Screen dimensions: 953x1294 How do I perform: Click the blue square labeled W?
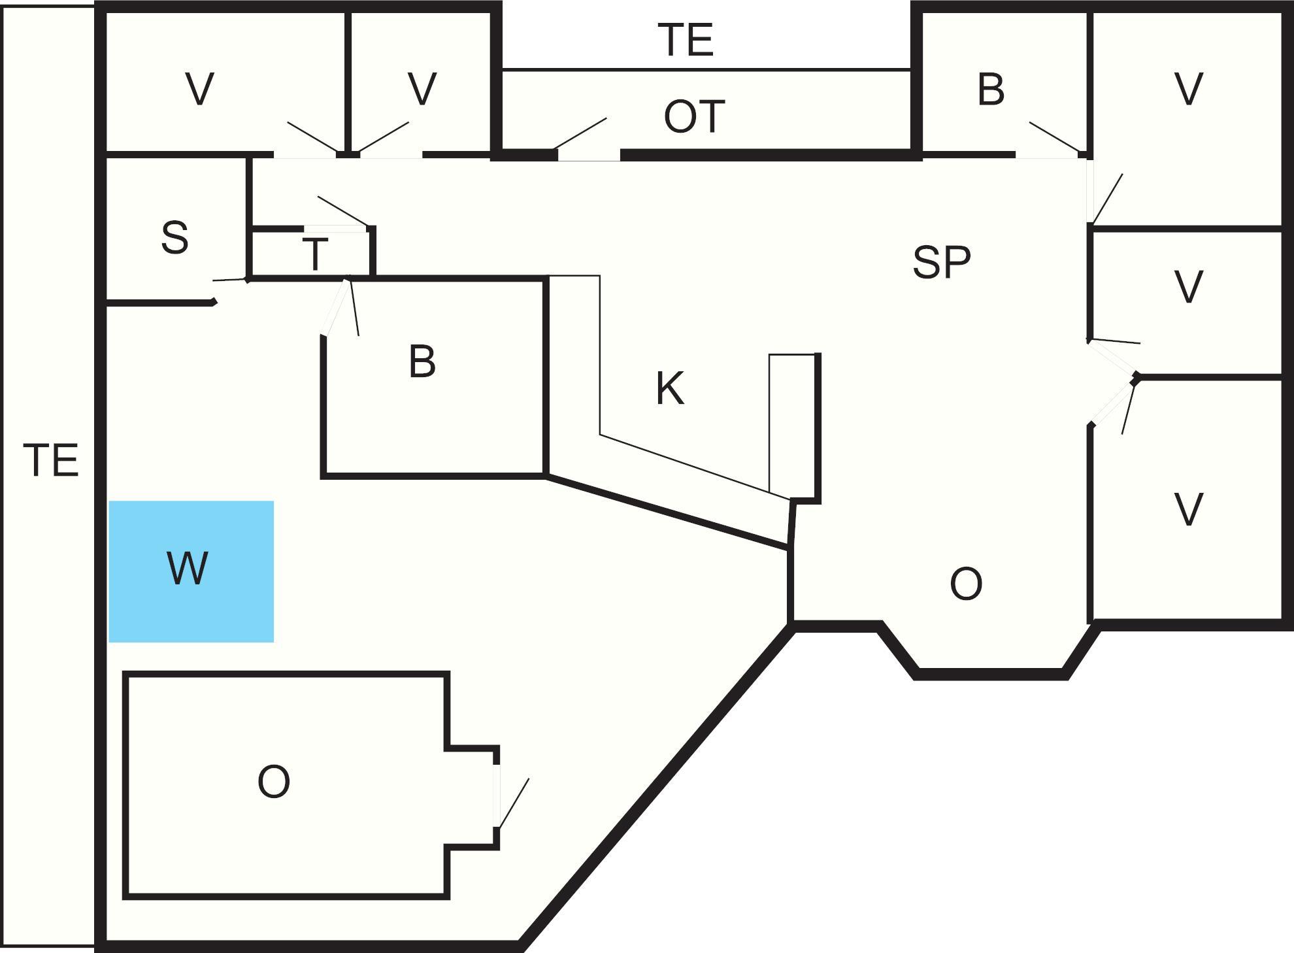(x=191, y=571)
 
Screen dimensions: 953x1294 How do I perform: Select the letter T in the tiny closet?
(x=315, y=255)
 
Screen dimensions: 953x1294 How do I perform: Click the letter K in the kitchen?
(x=670, y=389)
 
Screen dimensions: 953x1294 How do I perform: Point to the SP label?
(x=941, y=262)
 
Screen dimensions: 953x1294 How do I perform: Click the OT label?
(x=694, y=117)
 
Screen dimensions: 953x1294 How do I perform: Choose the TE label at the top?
(x=686, y=39)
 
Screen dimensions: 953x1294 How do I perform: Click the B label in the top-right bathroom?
(x=991, y=90)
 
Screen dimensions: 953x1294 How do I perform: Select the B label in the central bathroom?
(x=422, y=361)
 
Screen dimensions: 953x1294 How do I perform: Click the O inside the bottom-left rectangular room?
(x=273, y=782)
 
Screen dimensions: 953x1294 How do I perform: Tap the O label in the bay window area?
(x=966, y=584)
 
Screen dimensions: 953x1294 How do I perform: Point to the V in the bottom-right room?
(x=1188, y=510)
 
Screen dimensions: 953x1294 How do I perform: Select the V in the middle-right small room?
(x=1188, y=287)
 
